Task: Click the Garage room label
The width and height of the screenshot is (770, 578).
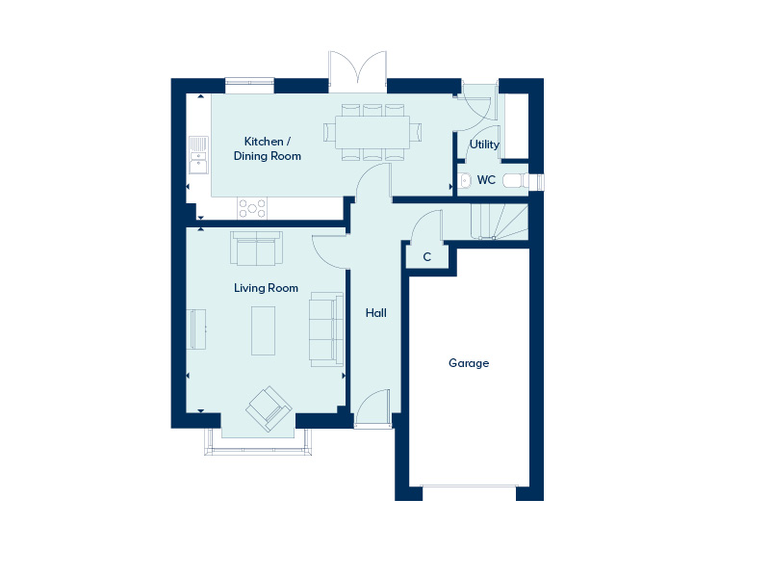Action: pyautogui.click(x=469, y=363)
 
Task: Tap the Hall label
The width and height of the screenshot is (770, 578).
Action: pyautogui.click(x=375, y=312)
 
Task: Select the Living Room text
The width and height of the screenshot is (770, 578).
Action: pyautogui.click(x=266, y=288)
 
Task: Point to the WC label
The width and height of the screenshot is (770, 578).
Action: pyautogui.click(x=486, y=180)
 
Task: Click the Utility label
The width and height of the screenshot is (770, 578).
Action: pyautogui.click(x=484, y=144)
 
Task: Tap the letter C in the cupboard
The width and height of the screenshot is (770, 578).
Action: pyautogui.click(x=426, y=256)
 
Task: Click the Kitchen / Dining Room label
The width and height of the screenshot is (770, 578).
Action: pyautogui.click(x=268, y=148)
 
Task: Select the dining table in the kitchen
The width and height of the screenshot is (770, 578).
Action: pyautogui.click(x=372, y=132)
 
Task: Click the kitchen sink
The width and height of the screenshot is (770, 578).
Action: pyautogui.click(x=198, y=155)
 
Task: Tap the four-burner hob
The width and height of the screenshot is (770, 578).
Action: pyautogui.click(x=252, y=208)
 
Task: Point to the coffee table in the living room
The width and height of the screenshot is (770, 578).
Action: pyautogui.click(x=263, y=330)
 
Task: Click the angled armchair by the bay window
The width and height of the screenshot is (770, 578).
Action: pyautogui.click(x=269, y=408)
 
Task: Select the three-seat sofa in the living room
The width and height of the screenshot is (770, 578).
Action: pyautogui.click(x=326, y=329)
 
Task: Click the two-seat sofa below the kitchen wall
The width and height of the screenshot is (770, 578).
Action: pyautogui.click(x=256, y=249)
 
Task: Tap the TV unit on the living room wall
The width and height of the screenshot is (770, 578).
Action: pyautogui.click(x=197, y=328)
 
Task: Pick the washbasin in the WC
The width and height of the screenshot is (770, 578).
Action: pyautogui.click(x=465, y=180)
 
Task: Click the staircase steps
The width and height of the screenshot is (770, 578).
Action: pyautogui.click(x=500, y=222)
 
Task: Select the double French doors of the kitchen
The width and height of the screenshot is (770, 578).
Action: pyautogui.click(x=357, y=71)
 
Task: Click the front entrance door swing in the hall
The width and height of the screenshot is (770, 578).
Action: pyautogui.click(x=373, y=407)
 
